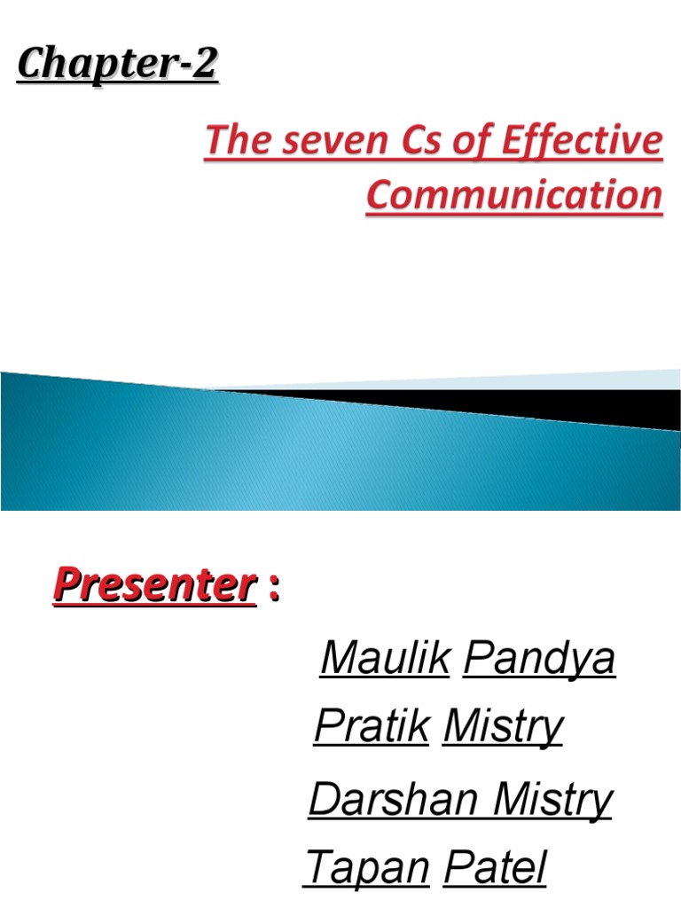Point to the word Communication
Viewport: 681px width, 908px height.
pyautogui.click(x=514, y=195)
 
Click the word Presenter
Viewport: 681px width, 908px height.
pyautogui.click(x=153, y=585)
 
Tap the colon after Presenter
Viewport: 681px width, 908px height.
pyautogui.click(x=274, y=587)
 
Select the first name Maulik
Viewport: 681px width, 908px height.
pyautogui.click(x=384, y=658)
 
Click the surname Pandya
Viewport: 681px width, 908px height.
pyautogui.click(x=539, y=658)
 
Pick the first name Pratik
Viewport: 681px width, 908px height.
pyautogui.click(x=372, y=727)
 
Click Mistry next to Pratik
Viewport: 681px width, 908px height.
pyautogui.click(x=503, y=727)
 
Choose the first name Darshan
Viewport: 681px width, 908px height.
pyautogui.click(x=395, y=800)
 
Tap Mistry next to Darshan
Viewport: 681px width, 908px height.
pyautogui.click(x=552, y=800)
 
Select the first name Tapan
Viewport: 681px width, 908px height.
pyautogui.click(x=368, y=867)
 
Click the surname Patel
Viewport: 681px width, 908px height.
pyautogui.click(x=495, y=867)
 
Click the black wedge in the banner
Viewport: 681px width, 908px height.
pyautogui.click(x=532, y=404)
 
